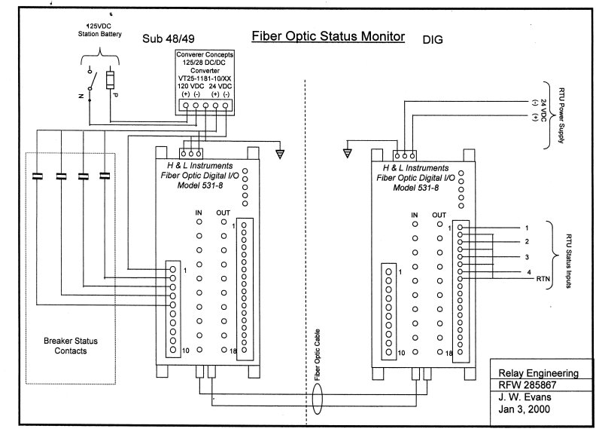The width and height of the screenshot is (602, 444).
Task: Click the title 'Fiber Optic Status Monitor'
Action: (x=327, y=36)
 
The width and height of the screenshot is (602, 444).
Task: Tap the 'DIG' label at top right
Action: (x=433, y=38)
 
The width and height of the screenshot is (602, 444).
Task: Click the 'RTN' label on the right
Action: (x=544, y=279)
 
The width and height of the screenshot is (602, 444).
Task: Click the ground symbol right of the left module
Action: (x=280, y=154)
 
